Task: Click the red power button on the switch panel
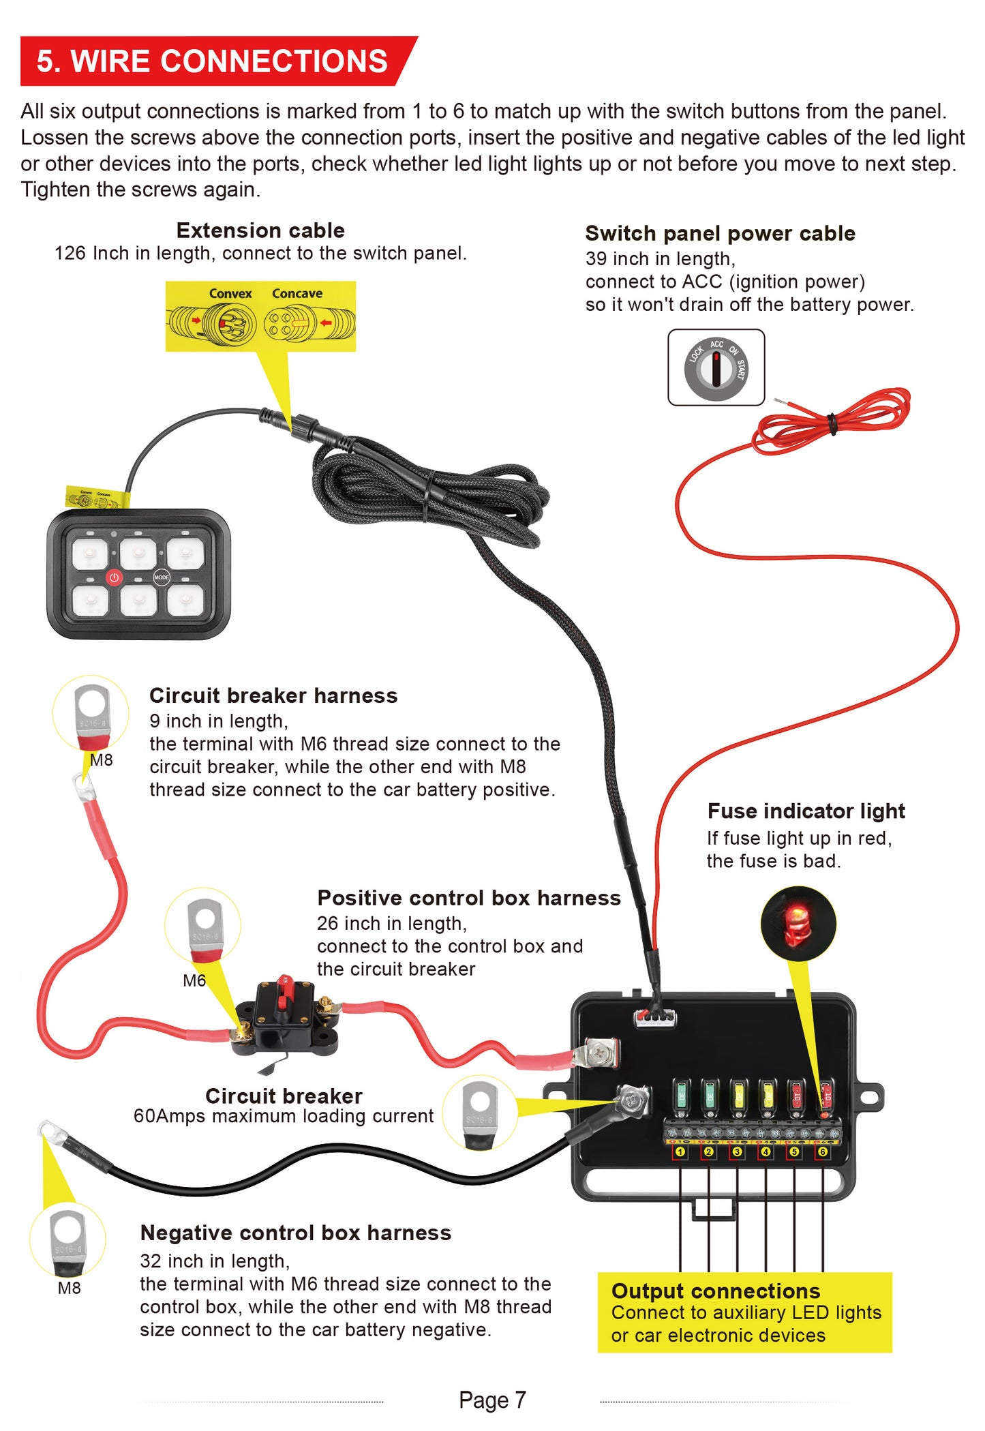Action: (x=114, y=577)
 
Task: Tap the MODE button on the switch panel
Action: (x=162, y=577)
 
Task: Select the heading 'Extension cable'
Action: (x=260, y=230)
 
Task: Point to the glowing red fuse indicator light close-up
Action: (x=797, y=924)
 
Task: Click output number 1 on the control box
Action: (x=680, y=1151)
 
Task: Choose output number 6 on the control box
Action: (x=823, y=1151)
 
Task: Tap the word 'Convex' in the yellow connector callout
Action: (x=230, y=293)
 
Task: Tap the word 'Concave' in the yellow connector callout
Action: (x=297, y=293)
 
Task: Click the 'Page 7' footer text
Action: (x=492, y=1400)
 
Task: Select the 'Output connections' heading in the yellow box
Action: (x=716, y=1291)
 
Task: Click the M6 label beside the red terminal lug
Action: (x=194, y=980)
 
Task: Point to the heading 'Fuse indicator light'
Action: (x=806, y=811)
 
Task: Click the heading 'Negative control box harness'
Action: (x=295, y=1233)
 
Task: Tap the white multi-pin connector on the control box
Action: (x=656, y=1019)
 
